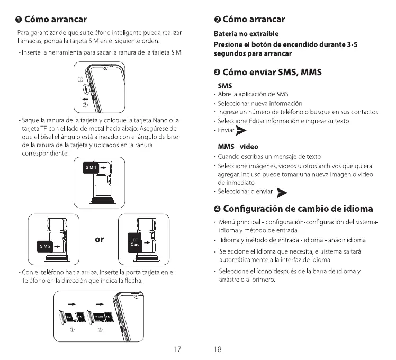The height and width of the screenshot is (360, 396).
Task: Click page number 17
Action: tap(178, 349)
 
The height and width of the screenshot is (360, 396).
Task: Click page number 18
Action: tap(218, 349)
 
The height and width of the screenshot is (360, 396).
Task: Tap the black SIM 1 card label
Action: tap(91, 167)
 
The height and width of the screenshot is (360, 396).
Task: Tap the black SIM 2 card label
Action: tap(44, 246)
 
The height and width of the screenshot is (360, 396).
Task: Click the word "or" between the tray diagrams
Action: tap(99, 239)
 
